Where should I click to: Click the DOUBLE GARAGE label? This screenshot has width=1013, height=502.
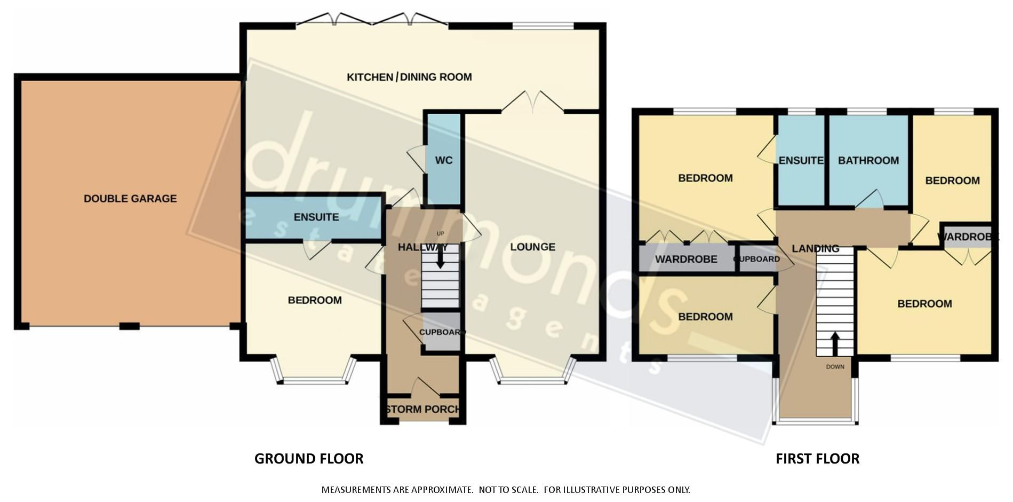[130, 199]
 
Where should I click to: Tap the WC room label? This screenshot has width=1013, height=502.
[443, 161]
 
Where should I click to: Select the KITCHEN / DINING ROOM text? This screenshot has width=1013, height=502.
[409, 77]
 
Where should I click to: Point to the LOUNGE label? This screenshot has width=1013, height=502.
[532, 247]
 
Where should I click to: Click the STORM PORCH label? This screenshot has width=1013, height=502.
[422, 410]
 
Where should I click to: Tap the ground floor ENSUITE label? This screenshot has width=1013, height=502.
[316, 217]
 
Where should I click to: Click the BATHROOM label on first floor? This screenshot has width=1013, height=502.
[868, 160]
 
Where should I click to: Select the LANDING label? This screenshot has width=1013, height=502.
[815, 248]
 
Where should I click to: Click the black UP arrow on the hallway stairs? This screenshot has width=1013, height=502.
[441, 258]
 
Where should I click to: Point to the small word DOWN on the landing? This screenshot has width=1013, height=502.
[835, 367]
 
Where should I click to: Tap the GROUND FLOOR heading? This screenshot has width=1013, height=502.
[309, 459]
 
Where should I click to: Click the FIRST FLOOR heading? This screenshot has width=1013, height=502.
[817, 459]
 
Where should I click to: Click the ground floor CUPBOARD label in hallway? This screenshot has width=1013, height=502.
[442, 332]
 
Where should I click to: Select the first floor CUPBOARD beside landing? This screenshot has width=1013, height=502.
[757, 259]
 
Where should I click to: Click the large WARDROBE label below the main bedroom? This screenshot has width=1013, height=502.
[686, 260]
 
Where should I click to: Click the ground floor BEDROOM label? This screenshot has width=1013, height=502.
[315, 300]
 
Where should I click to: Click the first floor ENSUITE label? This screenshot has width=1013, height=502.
[801, 160]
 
